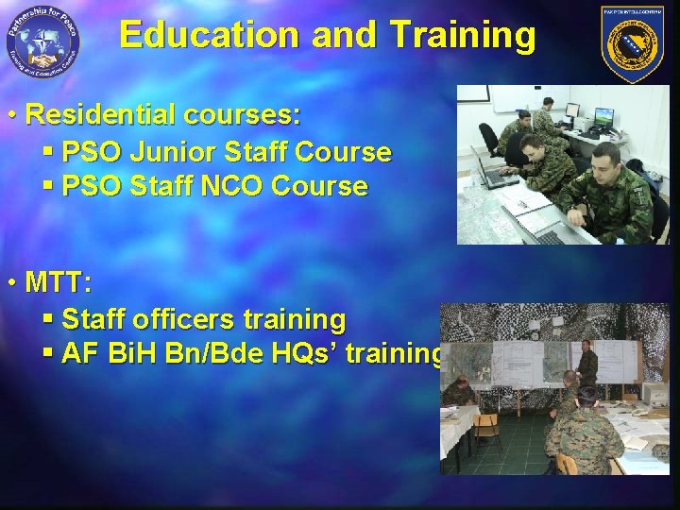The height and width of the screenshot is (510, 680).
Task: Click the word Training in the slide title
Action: [x=462, y=36]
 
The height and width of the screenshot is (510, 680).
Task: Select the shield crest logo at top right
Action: [x=632, y=43]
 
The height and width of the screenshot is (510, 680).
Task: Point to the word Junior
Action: [x=180, y=151]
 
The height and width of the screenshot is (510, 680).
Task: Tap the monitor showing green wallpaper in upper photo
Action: [x=603, y=117]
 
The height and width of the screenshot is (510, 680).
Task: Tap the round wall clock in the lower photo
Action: [x=535, y=334]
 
